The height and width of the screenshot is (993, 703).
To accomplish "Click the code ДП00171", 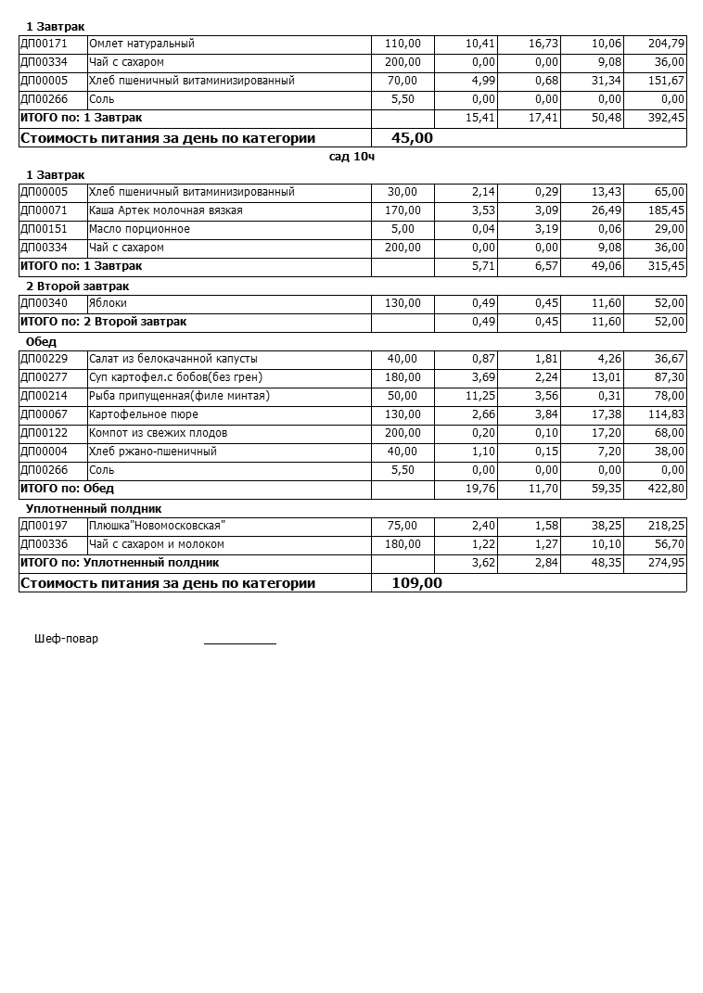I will click(x=43, y=44).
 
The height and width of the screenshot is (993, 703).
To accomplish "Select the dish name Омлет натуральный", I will click(x=141, y=44).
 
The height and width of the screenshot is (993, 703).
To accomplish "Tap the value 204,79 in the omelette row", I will click(x=666, y=44).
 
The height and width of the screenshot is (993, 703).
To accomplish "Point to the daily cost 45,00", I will click(x=412, y=138).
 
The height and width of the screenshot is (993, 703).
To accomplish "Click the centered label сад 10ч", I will click(x=351, y=157).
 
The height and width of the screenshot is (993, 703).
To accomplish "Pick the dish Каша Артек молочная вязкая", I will click(x=165, y=210).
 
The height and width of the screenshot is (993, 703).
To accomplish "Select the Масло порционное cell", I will click(x=139, y=229).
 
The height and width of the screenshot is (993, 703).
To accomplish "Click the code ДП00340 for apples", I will click(x=43, y=303).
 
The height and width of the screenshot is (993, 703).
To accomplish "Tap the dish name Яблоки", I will click(x=108, y=303).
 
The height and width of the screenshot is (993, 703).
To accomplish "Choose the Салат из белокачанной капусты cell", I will click(x=173, y=359).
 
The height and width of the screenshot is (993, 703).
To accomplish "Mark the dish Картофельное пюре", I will click(x=143, y=414).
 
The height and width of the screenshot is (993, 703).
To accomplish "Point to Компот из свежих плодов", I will click(x=158, y=433).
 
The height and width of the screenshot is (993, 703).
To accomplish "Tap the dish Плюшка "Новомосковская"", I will click(x=157, y=526).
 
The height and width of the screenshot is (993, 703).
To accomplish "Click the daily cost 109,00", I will click(x=416, y=583).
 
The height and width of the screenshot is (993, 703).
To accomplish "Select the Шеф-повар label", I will click(x=66, y=639).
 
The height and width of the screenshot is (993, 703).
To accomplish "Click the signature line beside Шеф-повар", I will click(x=239, y=642).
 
